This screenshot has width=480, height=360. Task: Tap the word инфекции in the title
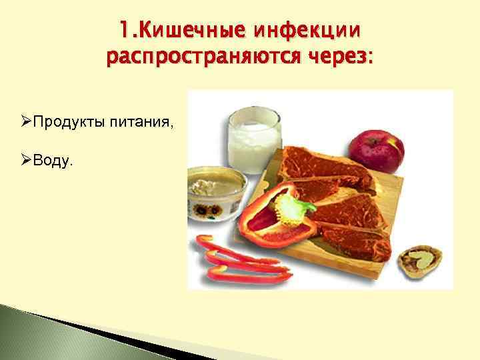pyautogui.click(x=309, y=30)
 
